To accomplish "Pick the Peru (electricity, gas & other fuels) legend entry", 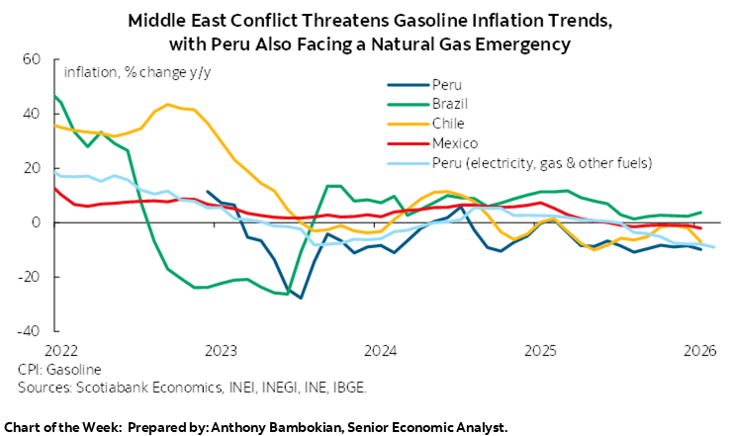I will tap(526, 161).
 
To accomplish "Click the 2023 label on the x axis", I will tap(221, 350).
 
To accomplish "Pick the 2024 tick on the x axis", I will tap(380, 350).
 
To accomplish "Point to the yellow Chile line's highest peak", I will tap(169, 104).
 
